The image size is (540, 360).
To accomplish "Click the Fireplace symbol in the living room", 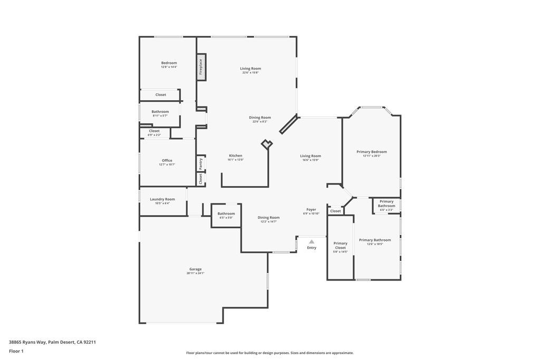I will (x=201, y=67).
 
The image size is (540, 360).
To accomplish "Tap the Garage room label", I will (x=195, y=269).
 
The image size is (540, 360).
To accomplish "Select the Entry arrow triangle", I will (x=312, y=241).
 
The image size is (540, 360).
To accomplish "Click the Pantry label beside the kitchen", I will (x=200, y=164).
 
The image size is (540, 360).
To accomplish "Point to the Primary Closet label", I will (x=341, y=246).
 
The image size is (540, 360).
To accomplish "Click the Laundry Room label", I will (x=162, y=199).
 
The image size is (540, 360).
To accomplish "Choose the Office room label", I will (x=167, y=160).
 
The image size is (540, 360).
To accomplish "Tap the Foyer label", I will (x=311, y=209).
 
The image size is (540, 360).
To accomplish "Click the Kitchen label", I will (x=236, y=155).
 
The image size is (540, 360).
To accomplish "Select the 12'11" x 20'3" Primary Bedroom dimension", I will (x=371, y=156).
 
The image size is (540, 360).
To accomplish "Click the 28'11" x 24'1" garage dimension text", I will (x=195, y=274).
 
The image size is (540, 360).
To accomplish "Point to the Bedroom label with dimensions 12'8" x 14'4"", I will (x=169, y=63).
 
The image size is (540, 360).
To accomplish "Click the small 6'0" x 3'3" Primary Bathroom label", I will (x=387, y=210).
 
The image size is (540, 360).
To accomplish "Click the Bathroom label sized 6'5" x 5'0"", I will (x=226, y=213).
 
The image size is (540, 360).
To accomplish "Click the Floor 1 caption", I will (x=16, y=351).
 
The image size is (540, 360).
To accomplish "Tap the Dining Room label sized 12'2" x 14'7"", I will (x=268, y=217).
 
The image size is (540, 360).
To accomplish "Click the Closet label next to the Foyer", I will (x=335, y=211).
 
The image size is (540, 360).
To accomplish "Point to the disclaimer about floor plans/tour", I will (x=269, y=353).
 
